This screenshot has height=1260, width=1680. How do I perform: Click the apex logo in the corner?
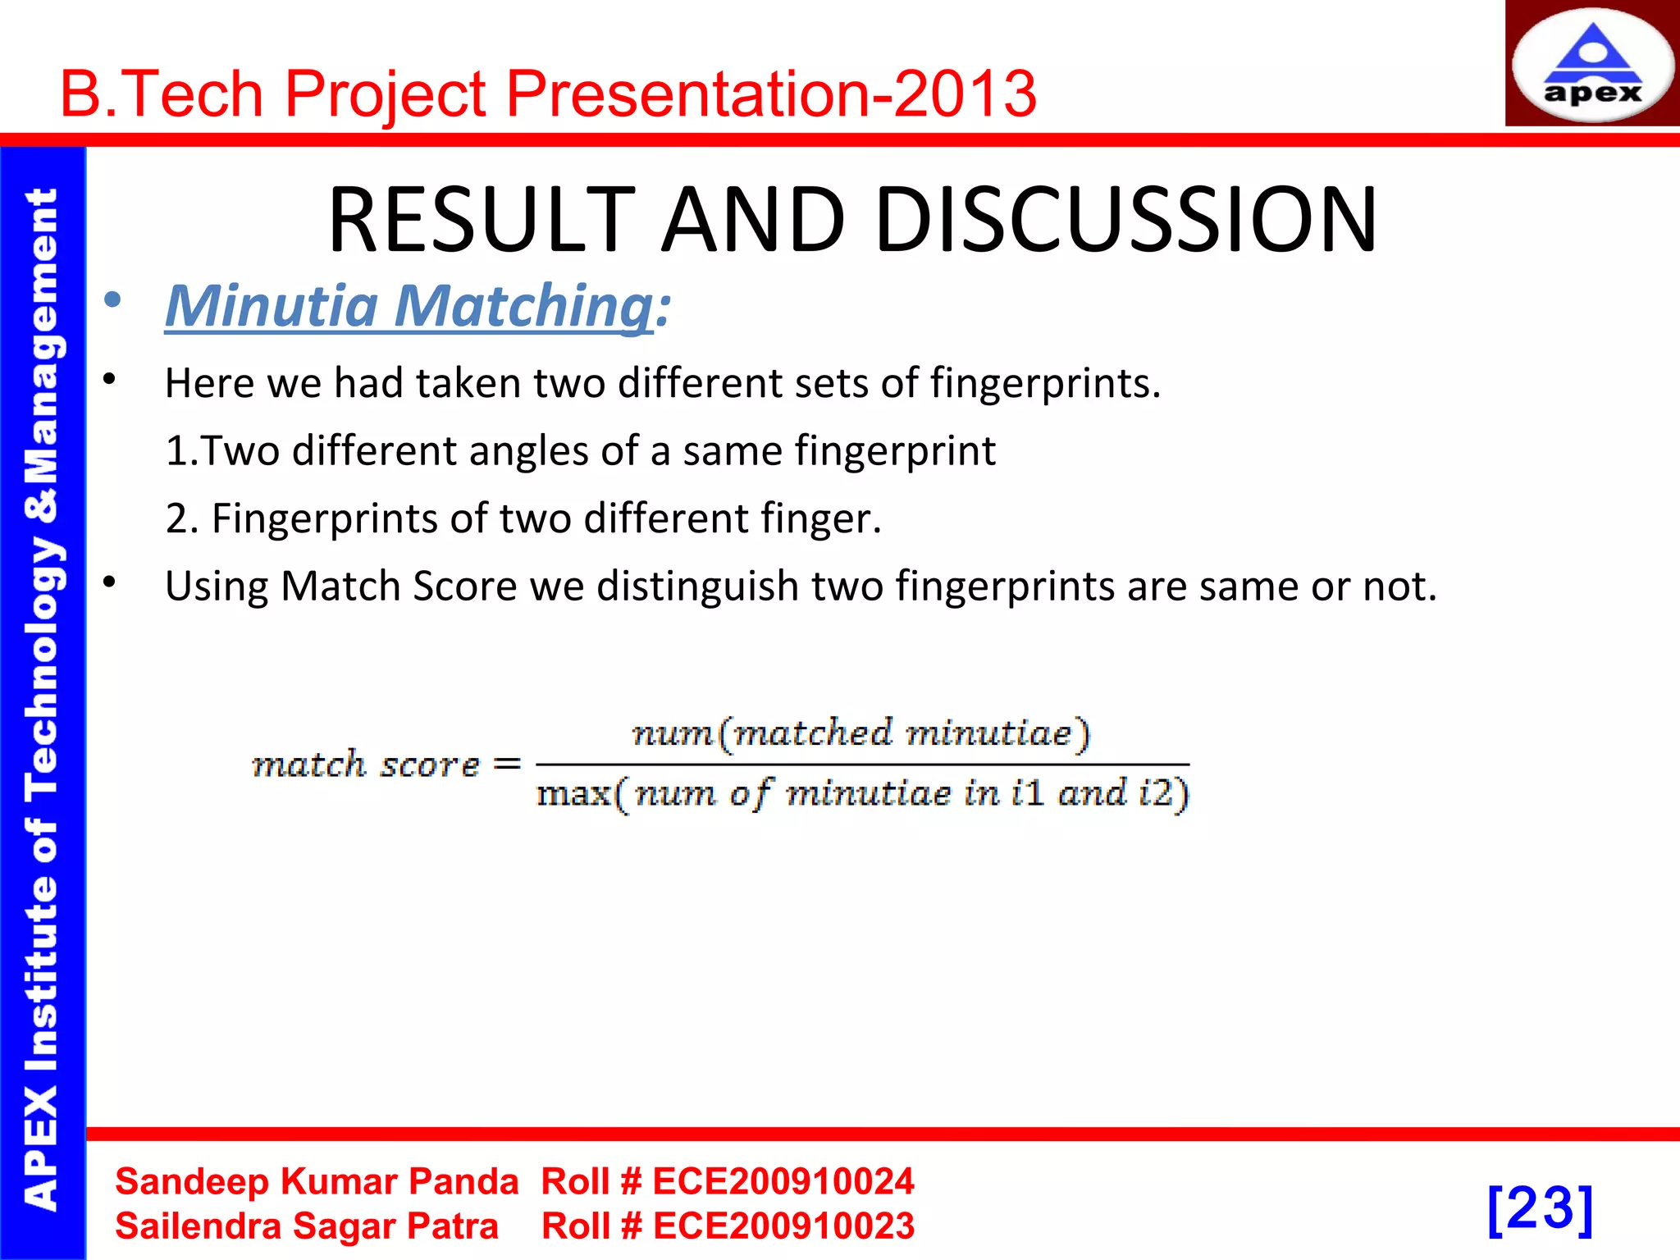click(x=1591, y=66)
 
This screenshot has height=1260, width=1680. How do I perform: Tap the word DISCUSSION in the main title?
click(x=1125, y=220)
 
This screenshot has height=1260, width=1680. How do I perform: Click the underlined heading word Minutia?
click(x=272, y=306)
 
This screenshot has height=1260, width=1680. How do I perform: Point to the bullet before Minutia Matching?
click(x=112, y=300)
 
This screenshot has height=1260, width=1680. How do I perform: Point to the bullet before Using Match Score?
click(x=110, y=582)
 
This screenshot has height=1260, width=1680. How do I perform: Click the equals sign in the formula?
click(x=507, y=765)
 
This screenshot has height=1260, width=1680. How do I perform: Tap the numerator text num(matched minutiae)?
click(x=861, y=733)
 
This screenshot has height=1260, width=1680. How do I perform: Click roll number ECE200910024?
click(x=783, y=1182)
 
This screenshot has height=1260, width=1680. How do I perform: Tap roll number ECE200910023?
click(x=783, y=1226)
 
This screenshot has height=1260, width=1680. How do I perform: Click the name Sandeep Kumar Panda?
click(x=317, y=1182)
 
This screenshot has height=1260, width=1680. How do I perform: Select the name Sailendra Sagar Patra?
click(x=307, y=1226)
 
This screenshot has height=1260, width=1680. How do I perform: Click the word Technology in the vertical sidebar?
click(x=43, y=669)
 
